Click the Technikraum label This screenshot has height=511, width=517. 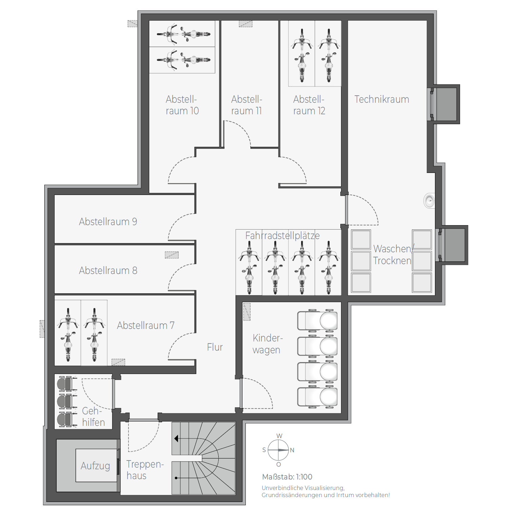(382, 99)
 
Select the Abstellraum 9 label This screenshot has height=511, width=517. (108, 222)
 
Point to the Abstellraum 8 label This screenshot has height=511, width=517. (108, 271)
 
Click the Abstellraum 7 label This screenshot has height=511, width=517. (146, 326)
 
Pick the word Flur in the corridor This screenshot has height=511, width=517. (215, 347)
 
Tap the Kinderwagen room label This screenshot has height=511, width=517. (267, 344)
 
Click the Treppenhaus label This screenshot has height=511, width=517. (145, 470)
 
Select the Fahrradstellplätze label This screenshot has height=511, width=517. (282, 236)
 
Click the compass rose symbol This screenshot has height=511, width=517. (278, 450)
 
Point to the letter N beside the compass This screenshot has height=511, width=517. (292, 450)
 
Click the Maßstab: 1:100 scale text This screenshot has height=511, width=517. (287, 477)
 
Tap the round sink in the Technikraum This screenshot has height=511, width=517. (430, 201)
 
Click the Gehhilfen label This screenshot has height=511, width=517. (93, 417)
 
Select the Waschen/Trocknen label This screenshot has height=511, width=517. (393, 255)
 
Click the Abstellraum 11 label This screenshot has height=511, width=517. (246, 105)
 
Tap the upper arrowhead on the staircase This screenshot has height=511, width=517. (176, 439)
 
